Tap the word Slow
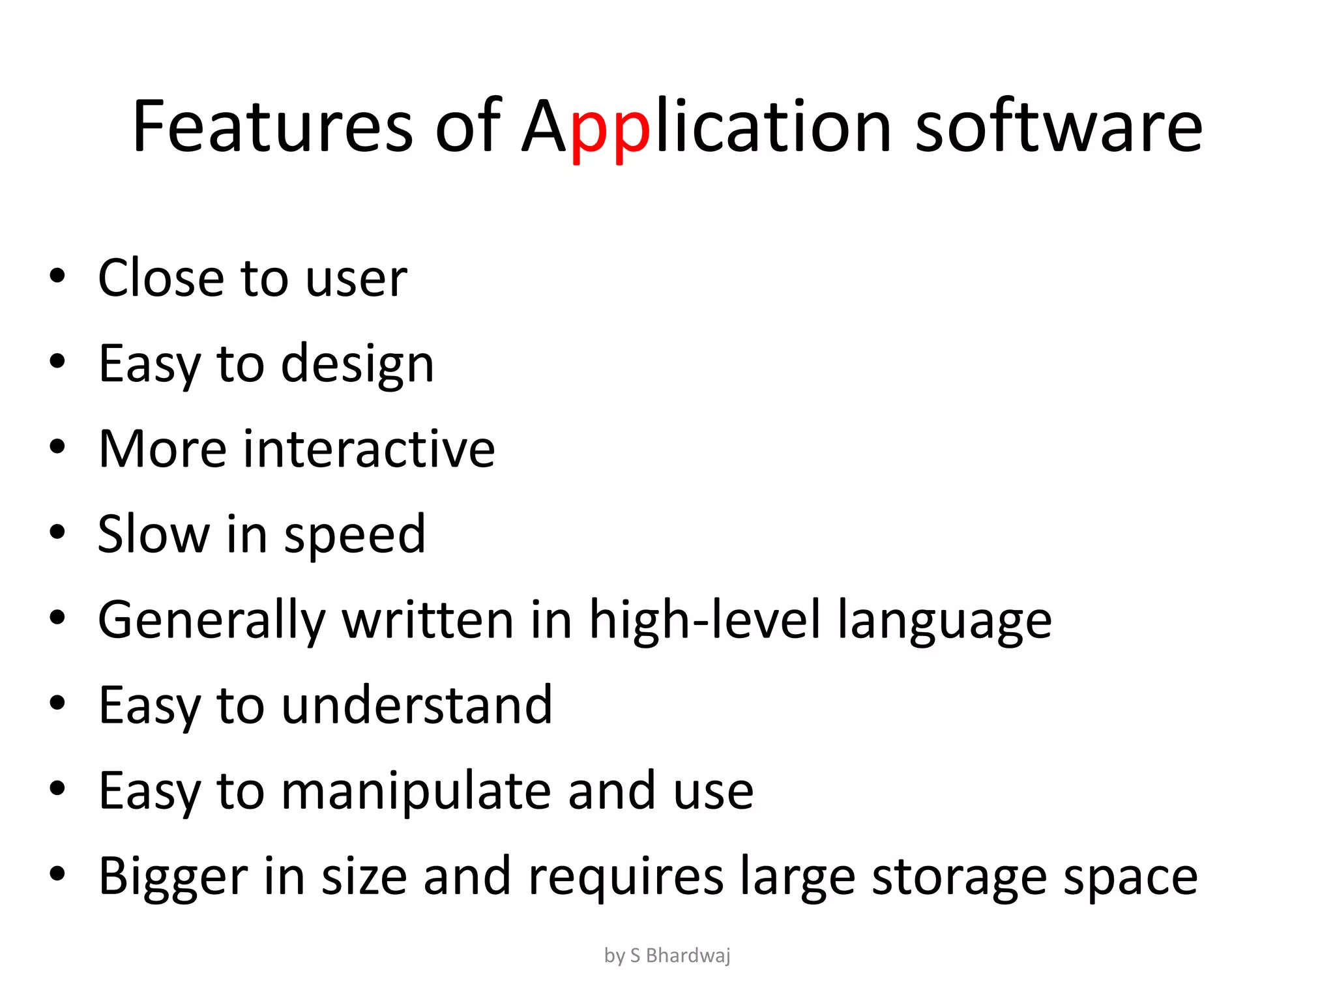(154, 534)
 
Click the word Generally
(211, 621)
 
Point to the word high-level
(704, 621)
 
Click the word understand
(417, 705)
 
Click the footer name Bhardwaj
(688, 955)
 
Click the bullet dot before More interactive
(57, 447)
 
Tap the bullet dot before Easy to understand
(57, 703)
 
